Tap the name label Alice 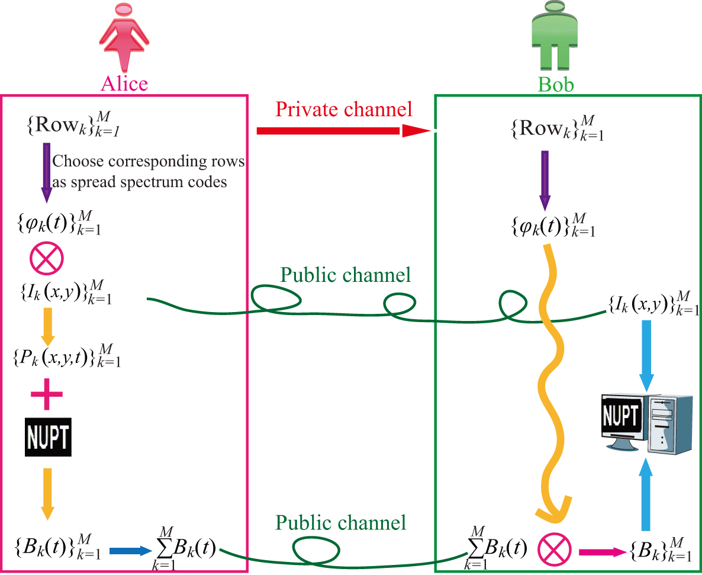pos(124,83)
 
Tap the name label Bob pos(556,84)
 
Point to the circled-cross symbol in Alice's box pos(46,259)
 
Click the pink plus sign pos(47,397)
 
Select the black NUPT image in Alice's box pos(48,437)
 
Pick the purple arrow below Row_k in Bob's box pos(545,180)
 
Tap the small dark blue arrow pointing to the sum pos(131,551)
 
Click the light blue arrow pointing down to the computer pos(646,355)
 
